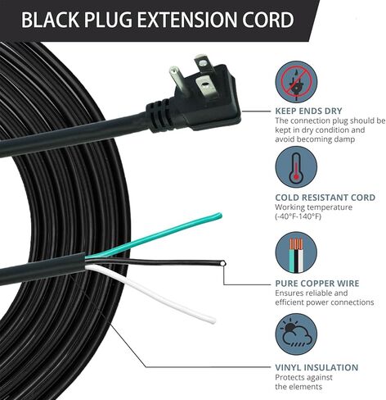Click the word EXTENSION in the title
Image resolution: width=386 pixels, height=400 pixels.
(x=187, y=20)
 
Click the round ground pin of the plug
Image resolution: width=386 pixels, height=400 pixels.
(x=177, y=80)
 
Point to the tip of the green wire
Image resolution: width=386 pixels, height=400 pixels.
(x=220, y=216)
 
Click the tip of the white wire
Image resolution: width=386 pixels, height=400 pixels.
(x=213, y=320)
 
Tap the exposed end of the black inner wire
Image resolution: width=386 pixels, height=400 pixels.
(x=223, y=263)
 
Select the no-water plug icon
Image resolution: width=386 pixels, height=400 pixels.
(x=296, y=82)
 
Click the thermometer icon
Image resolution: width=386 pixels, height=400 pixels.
(x=296, y=167)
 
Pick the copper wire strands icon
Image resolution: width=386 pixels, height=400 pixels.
(x=296, y=252)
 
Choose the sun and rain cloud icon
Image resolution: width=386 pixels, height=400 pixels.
(x=296, y=334)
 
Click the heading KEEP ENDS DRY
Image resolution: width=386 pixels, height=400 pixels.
(x=308, y=111)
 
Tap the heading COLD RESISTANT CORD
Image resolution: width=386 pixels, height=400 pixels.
(x=325, y=198)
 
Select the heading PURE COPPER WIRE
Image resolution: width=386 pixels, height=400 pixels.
(x=317, y=284)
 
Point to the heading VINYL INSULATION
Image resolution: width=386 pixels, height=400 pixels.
(x=316, y=367)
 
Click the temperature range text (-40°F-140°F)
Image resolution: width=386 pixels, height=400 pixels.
(x=298, y=216)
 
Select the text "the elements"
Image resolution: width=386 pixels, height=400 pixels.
(x=298, y=387)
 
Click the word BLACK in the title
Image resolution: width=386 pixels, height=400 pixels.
(x=50, y=20)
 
